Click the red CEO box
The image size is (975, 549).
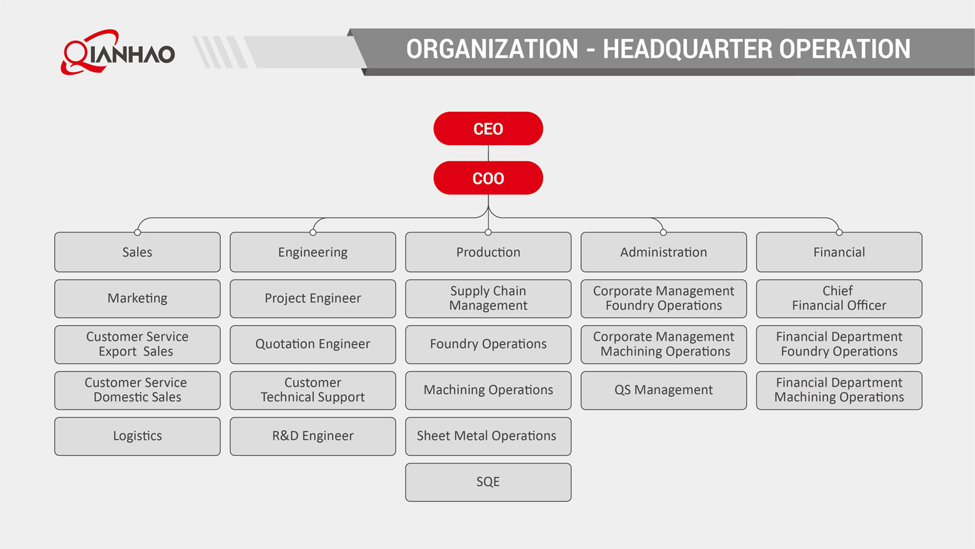point(488,129)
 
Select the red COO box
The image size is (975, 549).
point(488,178)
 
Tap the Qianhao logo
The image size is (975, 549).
point(118,52)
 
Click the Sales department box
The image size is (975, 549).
point(137,252)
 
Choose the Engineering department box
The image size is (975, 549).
point(313,252)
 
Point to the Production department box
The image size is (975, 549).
point(488,252)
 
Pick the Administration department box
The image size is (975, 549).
point(664,252)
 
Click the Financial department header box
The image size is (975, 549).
point(839,252)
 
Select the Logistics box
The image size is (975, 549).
point(137,436)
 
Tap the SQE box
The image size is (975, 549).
point(488,482)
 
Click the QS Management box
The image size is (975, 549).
point(664,390)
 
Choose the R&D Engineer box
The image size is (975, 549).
point(313,436)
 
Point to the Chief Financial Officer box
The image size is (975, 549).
point(839,299)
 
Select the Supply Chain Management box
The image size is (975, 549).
point(488,299)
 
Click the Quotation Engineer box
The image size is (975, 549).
point(313,344)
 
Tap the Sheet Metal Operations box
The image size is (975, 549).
point(488,436)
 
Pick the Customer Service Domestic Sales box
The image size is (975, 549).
point(137,390)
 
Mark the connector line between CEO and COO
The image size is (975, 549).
point(488,154)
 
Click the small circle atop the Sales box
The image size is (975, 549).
point(137,232)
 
